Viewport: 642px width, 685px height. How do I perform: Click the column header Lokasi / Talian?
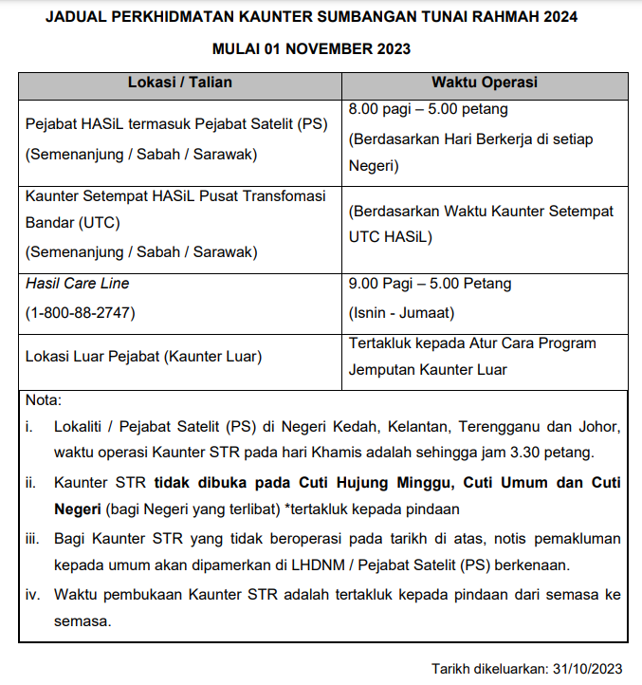click(180, 83)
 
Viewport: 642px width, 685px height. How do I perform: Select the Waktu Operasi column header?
click(485, 83)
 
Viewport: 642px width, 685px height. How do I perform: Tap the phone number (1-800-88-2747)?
click(81, 312)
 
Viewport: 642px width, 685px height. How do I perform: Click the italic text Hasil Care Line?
click(78, 284)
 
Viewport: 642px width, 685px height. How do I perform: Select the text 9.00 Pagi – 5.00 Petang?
click(430, 284)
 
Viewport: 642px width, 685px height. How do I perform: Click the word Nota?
click(43, 400)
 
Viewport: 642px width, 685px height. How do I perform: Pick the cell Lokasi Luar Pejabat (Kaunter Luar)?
click(143, 357)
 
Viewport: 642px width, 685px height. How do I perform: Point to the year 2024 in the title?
click(557, 18)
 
